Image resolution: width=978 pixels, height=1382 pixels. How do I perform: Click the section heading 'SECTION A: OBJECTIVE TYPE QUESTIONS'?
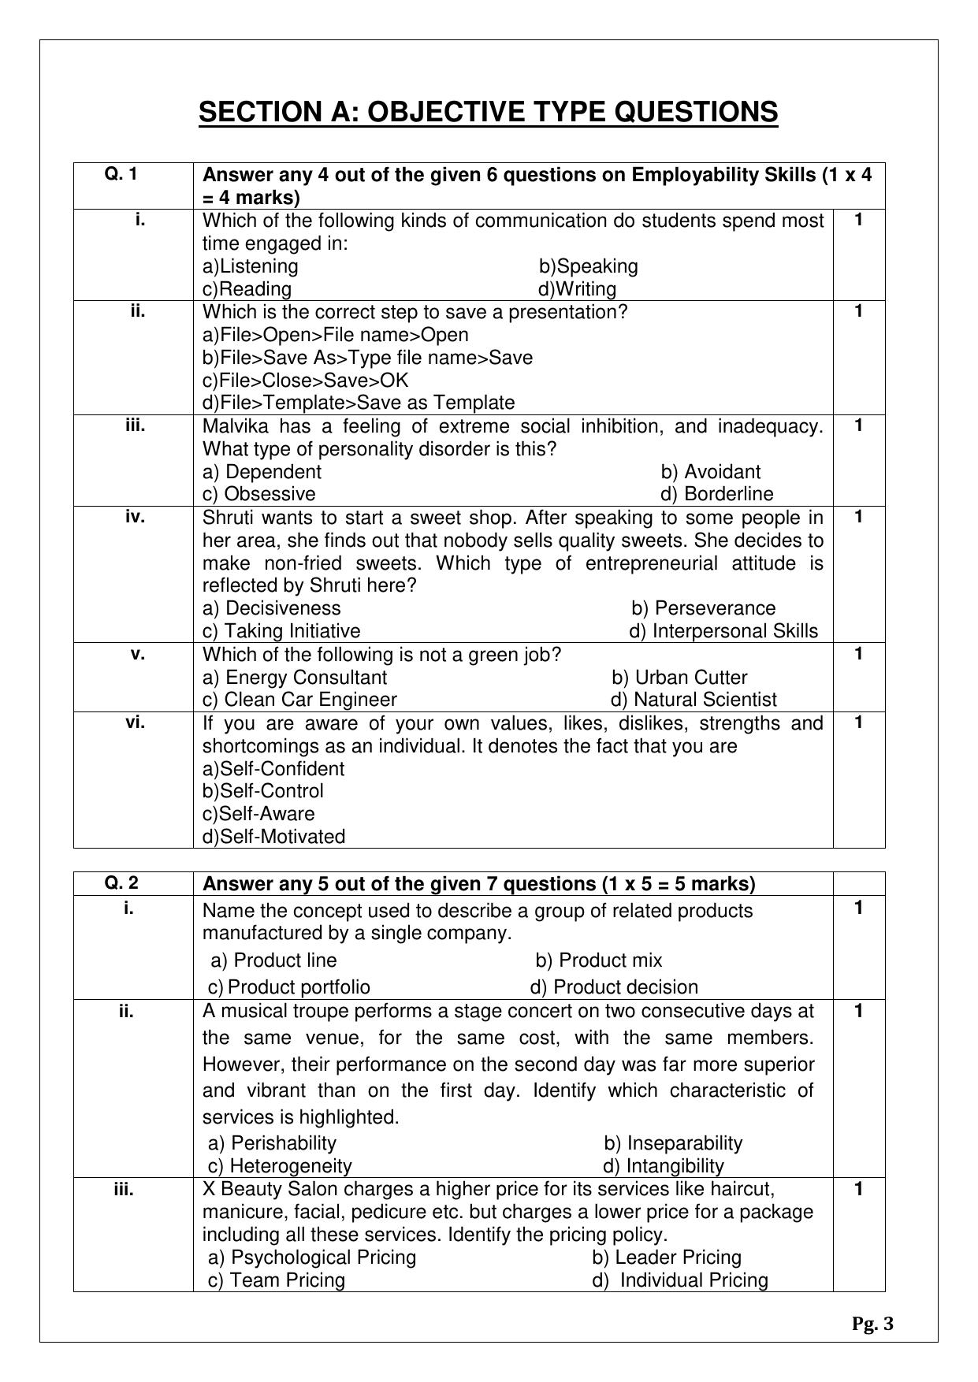coord(488,112)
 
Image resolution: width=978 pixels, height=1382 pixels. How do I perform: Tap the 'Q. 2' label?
coord(121,883)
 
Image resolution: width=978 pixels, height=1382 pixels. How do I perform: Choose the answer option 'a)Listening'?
coord(251,266)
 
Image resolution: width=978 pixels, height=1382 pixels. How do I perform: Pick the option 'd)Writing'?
coord(577,289)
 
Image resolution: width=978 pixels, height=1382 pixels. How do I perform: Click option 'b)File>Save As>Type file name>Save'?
coord(367,358)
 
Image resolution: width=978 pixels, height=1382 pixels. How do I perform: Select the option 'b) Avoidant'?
coord(711,472)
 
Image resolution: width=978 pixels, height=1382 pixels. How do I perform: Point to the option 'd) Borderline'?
coord(717,494)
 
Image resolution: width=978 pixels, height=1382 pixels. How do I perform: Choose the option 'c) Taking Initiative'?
coord(281,631)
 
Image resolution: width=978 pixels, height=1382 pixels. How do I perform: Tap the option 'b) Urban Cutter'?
coord(679,678)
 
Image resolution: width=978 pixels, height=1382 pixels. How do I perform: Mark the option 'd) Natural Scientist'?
coord(694,700)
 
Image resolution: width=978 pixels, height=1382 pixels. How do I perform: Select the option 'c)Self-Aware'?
coord(258,814)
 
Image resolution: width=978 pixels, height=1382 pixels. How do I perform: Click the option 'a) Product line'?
coord(273,960)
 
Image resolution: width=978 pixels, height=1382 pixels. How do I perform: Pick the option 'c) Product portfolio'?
coord(288,987)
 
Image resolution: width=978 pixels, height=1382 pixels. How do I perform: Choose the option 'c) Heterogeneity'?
coord(280,1165)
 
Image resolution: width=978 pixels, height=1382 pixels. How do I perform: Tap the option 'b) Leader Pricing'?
coord(667,1258)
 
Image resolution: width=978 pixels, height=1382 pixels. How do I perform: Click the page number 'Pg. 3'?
coord(872,1324)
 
